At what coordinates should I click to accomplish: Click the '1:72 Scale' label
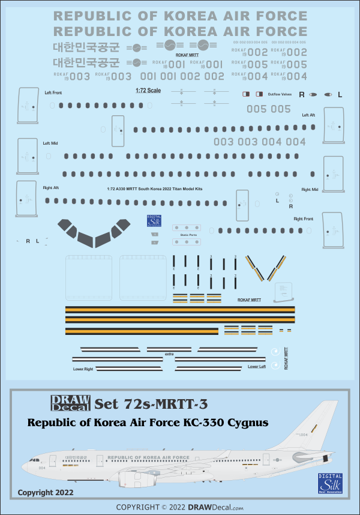(145, 91)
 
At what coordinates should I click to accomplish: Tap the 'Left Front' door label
(53, 93)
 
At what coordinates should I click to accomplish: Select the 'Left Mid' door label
(50, 143)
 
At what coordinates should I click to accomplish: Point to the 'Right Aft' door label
(51, 188)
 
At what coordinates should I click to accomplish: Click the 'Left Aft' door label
(308, 115)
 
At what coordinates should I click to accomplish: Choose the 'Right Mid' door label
(310, 190)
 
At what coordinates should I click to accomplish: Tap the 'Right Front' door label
(303, 219)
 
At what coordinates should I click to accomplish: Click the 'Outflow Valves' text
(279, 94)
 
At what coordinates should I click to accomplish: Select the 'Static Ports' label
(188, 235)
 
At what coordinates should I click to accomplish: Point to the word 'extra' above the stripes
(169, 355)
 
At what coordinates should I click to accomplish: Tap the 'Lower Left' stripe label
(256, 366)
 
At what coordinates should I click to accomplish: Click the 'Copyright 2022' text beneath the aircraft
(45, 492)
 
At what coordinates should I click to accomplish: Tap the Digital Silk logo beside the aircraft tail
(331, 483)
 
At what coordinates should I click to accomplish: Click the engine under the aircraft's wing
(133, 478)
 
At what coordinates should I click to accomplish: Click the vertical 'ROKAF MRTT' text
(286, 358)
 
